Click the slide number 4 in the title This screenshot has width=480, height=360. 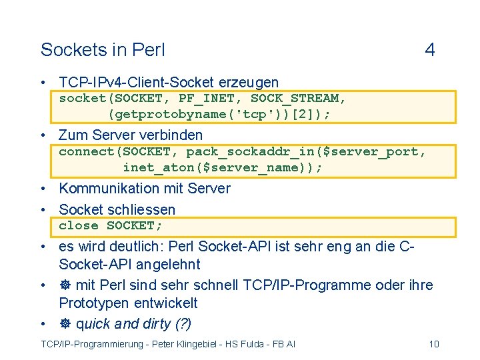coord(430,50)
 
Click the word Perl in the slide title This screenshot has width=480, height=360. coord(149,50)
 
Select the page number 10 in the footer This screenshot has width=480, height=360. coord(434,344)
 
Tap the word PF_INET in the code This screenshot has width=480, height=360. coord(206,99)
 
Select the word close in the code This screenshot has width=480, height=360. coord(78,225)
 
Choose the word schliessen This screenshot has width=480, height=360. coord(141,209)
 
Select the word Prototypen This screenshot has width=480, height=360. coord(93,303)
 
